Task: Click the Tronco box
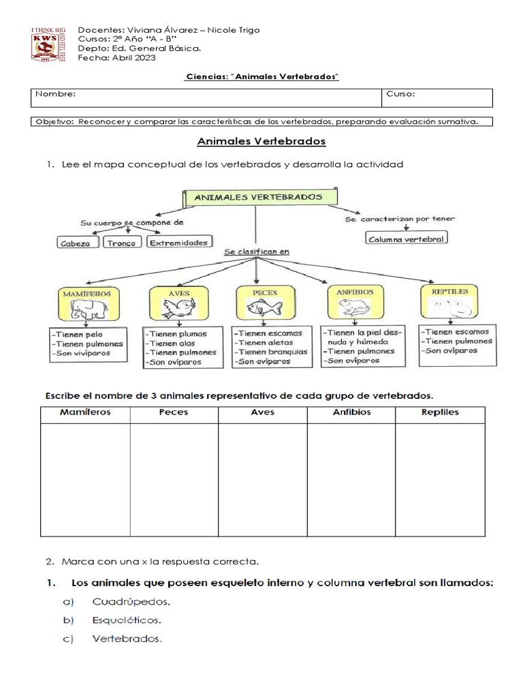[122, 243]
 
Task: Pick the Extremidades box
[178, 243]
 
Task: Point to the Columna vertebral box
[407, 239]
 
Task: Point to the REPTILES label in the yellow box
[449, 291]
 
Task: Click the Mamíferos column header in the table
[85, 413]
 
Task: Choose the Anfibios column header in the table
[351, 413]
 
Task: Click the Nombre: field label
[56, 95]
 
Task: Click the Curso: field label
[401, 95]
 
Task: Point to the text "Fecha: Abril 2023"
[117, 58]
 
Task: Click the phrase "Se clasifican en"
[257, 252]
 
